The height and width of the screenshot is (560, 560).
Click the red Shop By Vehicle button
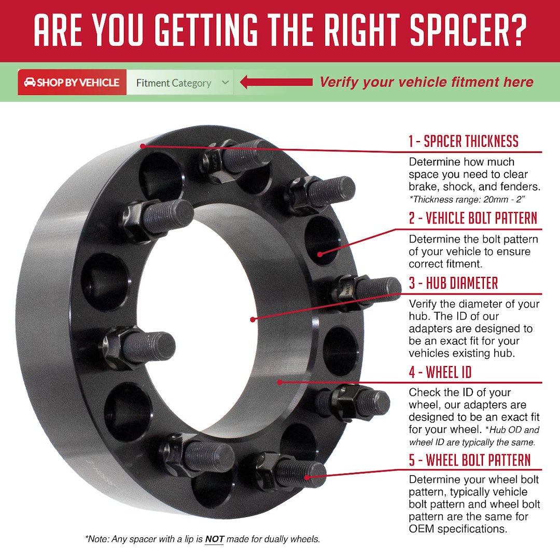72,82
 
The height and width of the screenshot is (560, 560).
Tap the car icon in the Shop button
30,82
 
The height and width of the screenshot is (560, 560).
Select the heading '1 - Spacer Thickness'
463,141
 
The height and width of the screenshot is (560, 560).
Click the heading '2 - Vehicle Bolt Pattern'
473,218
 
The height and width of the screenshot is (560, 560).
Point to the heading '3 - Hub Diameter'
453,284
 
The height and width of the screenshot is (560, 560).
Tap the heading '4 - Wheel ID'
440,372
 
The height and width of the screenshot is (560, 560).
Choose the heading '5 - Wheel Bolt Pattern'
470,460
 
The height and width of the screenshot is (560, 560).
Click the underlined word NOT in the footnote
214,539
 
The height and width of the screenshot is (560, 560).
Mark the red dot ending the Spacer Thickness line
143,146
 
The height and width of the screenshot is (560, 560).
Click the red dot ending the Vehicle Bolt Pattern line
320,254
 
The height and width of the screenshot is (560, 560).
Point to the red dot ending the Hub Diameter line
253,319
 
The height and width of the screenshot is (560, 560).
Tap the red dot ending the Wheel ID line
279,382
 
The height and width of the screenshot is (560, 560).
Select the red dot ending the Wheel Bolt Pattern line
308,478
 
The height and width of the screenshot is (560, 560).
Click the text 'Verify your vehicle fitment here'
426,82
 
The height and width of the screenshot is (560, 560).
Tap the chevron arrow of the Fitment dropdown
225,82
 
